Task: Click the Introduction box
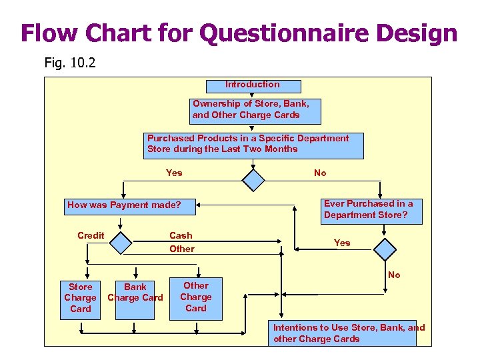click(x=253, y=85)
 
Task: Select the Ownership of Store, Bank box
click(x=255, y=110)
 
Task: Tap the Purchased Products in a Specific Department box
click(x=255, y=145)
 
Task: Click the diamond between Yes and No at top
click(x=254, y=179)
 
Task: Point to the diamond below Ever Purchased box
click(x=385, y=249)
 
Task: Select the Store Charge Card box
click(x=81, y=298)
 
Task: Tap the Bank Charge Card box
click(x=135, y=298)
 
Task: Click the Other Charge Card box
click(x=196, y=297)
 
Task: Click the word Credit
click(x=91, y=235)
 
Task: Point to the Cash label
click(x=181, y=235)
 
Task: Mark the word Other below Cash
click(x=182, y=249)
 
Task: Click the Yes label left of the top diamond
click(x=174, y=173)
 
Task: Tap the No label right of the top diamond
click(x=320, y=173)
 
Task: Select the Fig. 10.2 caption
click(x=71, y=63)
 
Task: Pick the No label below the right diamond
click(x=394, y=275)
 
